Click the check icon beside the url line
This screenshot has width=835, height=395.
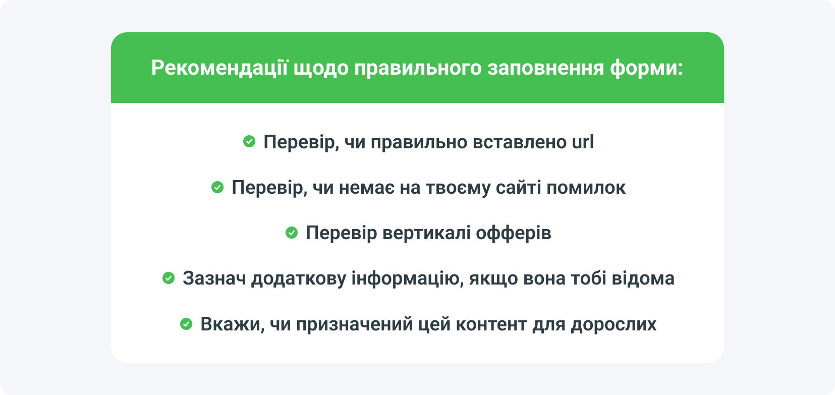pyautogui.click(x=249, y=142)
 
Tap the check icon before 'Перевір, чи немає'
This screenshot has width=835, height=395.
pyautogui.click(x=217, y=187)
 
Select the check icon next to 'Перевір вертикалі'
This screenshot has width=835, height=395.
pyautogui.click(x=292, y=233)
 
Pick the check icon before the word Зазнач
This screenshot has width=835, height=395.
pyautogui.click(x=169, y=278)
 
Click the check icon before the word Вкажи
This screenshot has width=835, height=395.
pyautogui.click(x=186, y=324)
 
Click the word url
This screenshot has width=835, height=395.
pyautogui.click(x=583, y=142)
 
